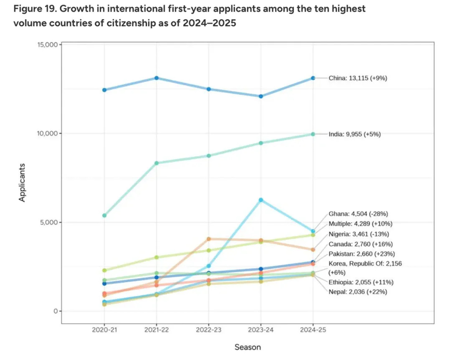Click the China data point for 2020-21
[x=104, y=90]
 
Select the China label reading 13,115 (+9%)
[x=358, y=78]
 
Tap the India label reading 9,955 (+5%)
[x=355, y=134]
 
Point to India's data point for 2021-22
[x=156, y=163]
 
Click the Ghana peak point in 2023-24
[x=261, y=200]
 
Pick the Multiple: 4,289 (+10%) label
[x=360, y=224]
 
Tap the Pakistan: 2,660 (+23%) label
[x=362, y=254]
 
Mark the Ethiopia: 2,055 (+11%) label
[x=361, y=282]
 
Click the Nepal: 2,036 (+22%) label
[x=358, y=292]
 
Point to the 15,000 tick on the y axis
[x=47, y=45]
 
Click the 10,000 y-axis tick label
[x=47, y=134]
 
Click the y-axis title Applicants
[x=23, y=183]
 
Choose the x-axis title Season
[x=248, y=347]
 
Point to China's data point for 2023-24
[x=261, y=96]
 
